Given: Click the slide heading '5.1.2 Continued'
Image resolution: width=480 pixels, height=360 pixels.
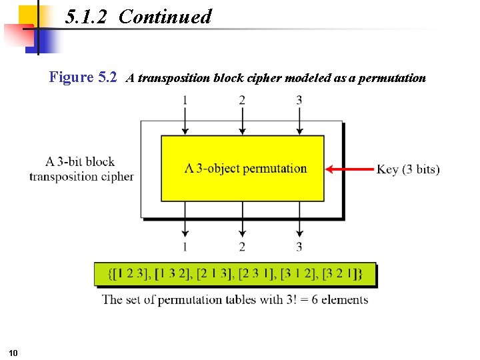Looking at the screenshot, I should (x=139, y=17).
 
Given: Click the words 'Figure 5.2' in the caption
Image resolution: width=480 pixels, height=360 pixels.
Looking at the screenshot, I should (x=83, y=77).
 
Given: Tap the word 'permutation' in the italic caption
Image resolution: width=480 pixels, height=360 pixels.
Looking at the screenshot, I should (x=391, y=78).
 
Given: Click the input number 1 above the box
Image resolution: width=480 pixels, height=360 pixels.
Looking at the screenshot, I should (x=185, y=100).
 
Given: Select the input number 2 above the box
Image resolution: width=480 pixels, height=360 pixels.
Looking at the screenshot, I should (x=242, y=100).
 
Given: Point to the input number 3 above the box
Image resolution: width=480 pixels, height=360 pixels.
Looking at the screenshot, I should (x=299, y=100).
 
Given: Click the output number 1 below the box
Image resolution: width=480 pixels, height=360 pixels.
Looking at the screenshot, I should (x=185, y=247).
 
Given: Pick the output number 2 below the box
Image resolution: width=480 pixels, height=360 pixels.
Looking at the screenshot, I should (x=242, y=247).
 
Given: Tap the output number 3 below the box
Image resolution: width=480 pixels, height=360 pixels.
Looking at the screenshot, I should (x=299, y=247).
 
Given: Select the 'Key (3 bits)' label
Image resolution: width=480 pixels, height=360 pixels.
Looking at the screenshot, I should (x=408, y=169).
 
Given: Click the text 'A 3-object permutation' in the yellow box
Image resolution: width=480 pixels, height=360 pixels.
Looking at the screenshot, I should (x=245, y=168).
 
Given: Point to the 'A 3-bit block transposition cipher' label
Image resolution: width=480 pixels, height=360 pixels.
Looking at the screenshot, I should (x=81, y=169).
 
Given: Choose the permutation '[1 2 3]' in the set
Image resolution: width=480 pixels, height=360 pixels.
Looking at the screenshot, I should (x=129, y=273).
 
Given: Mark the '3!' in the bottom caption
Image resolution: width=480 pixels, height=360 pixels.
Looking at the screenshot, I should (x=281, y=299).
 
